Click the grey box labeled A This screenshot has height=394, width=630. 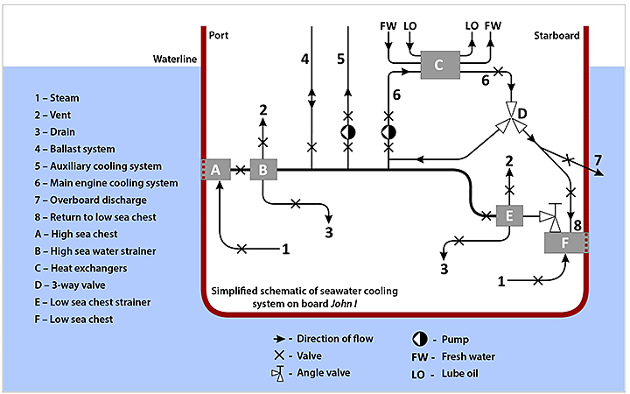(215, 170)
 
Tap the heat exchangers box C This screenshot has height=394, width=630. (439, 64)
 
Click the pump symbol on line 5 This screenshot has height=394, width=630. (348, 131)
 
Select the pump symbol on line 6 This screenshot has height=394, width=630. (389, 131)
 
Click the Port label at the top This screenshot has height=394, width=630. (220, 35)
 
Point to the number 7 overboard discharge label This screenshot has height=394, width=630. (598, 159)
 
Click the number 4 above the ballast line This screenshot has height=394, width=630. (304, 60)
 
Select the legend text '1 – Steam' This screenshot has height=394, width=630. (57, 98)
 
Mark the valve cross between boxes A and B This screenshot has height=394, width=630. (239, 170)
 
